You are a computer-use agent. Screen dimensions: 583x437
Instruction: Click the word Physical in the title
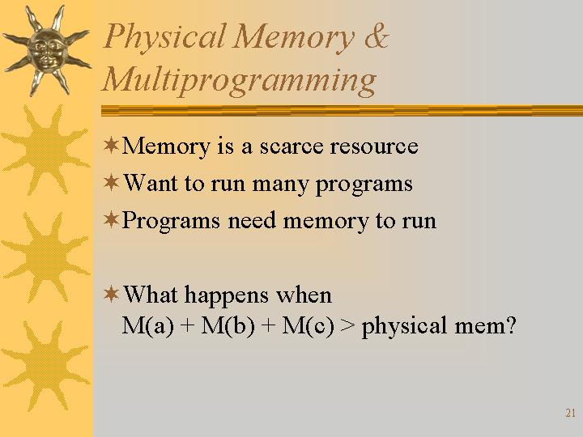coord(164,37)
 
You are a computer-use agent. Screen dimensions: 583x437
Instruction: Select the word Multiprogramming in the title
coord(239,81)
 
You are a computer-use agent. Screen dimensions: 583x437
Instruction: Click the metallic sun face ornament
coord(47,50)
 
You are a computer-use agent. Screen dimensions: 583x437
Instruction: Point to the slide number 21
coord(570,413)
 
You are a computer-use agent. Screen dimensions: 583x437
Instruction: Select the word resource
coord(374,146)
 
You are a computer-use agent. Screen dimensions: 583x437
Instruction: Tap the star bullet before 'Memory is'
coord(111,146)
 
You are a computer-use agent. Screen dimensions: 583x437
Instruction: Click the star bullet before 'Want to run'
coord(111,182)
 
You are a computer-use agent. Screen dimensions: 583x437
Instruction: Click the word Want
coord(151,183)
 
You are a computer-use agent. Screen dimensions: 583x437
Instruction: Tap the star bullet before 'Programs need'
coord(111,219)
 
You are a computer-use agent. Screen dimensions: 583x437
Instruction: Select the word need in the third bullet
coord(252,220)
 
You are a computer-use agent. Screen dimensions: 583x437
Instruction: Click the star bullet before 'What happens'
coord(111,294)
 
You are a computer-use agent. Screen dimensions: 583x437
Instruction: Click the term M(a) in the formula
coord(148,325)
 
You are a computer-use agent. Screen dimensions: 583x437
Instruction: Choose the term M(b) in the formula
coord(228,325)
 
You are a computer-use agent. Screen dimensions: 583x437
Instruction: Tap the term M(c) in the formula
coord(308,325)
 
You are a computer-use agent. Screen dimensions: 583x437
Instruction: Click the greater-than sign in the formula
coord(347,326)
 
